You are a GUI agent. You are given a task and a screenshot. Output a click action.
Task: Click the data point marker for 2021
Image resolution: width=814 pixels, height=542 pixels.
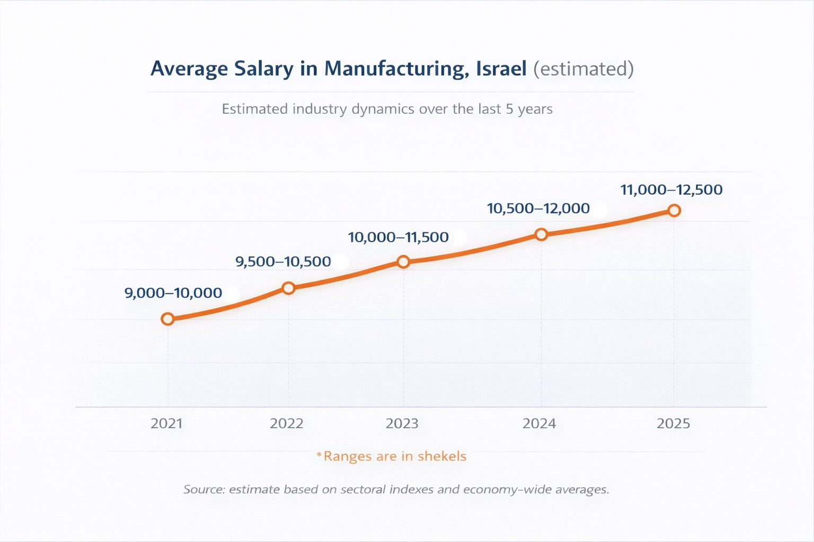point(167,319)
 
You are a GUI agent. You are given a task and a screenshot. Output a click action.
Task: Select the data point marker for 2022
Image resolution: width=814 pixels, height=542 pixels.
point(288,288)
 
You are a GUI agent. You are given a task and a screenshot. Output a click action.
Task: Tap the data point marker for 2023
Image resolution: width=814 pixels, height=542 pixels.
point(403,261)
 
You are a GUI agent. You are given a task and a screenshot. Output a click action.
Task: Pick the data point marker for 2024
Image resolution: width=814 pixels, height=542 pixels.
point(541,234)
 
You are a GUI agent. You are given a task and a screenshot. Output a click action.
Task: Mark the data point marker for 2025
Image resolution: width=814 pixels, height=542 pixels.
point(674,211)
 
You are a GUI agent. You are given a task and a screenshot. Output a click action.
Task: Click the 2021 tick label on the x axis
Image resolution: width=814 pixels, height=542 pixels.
point(166,423)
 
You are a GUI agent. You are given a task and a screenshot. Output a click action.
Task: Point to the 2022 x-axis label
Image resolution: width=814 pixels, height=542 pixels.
point(287,423)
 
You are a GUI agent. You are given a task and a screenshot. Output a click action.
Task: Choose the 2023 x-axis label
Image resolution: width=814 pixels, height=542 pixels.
point(402,423)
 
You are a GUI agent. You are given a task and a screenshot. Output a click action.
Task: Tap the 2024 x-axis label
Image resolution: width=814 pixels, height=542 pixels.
point(539,423)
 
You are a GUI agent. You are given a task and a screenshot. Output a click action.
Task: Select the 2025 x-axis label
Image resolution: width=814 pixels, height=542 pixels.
point(674,423)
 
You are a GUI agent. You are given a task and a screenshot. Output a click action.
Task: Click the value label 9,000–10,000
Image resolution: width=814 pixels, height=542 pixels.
point(173,293)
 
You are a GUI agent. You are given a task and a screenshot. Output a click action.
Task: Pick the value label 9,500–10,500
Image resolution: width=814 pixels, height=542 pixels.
point(283,261)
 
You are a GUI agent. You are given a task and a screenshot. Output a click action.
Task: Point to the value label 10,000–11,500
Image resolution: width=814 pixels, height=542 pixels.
point(399,237)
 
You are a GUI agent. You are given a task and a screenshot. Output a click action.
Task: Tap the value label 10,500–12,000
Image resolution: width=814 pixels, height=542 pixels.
point(538,209)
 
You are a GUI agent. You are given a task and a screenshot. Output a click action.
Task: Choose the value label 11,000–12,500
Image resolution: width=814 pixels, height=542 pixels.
point(671,189)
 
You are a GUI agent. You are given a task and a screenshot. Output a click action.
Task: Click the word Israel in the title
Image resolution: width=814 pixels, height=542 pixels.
point(501,69)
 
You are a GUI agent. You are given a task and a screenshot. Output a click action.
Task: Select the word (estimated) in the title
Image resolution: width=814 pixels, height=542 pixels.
point(583,69)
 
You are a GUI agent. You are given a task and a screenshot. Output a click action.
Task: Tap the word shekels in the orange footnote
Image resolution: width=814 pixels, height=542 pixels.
point(442,456)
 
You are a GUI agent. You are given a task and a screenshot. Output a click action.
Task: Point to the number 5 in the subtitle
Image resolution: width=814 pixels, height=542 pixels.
point(509,109)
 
